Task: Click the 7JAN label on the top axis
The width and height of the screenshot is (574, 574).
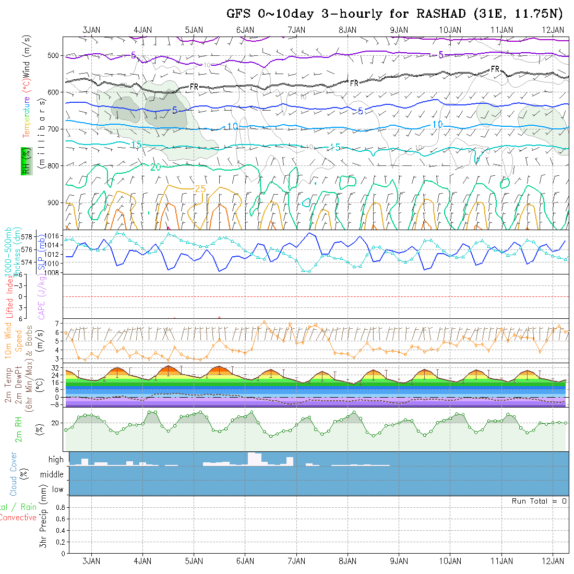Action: [296, 30]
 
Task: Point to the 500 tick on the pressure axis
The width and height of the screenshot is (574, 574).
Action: [55, 55]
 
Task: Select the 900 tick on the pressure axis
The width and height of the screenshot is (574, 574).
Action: [55, 202]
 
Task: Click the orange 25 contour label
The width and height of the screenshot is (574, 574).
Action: [200, 188]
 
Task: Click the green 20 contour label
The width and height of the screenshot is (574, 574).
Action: [156, 168]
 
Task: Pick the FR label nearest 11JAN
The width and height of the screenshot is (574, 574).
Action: [495, 69]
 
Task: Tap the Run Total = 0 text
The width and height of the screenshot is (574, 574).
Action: [539, 501]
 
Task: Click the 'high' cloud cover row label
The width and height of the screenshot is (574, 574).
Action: [56, 460]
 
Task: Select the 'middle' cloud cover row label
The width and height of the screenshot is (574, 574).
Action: [52, 474]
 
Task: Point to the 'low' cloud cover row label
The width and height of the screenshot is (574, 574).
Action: [57, 489]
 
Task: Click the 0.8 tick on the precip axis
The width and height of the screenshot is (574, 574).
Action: [59, 507]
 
